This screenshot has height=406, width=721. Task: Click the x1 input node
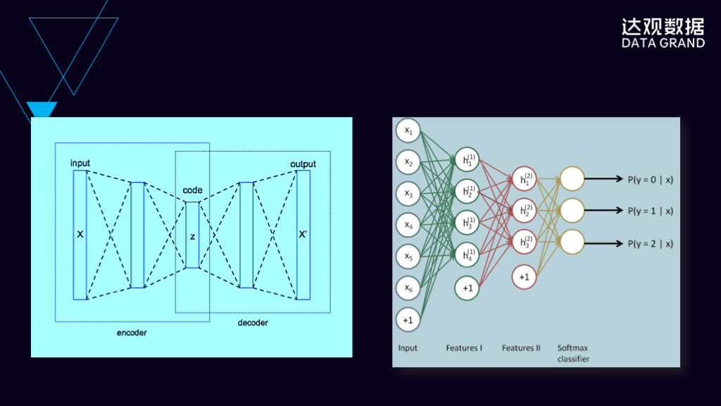[408, 131]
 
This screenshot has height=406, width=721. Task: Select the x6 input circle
[408, 288]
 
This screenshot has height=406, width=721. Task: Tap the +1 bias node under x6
[408, 319]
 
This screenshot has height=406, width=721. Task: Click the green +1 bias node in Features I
[467, 288]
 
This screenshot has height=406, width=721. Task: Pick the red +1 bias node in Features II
[524, 277]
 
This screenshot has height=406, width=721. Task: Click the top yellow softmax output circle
[572, 179]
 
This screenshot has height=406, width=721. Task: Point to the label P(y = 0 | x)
[650, 179]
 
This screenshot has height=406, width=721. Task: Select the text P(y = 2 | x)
[650, 244]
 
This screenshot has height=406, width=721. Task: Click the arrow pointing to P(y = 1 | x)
[603, 211]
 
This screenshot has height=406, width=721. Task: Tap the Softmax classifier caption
[573, 353]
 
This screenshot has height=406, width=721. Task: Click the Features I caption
[464, 348]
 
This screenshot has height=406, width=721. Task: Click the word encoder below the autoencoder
[132, 333]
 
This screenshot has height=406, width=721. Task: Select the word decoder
[253, 323]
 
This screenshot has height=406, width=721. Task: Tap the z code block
[192, 235]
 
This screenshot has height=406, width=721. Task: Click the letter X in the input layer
[80, 234]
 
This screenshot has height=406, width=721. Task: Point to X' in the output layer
[303, 234]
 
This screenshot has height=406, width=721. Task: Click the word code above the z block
[192, 190]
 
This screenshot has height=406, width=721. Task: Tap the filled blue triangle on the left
[42, 109]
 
